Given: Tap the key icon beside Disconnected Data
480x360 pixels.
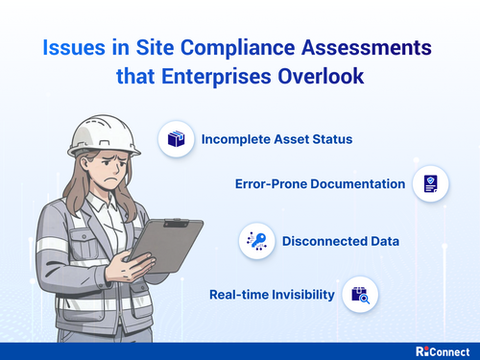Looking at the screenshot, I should [257, 240].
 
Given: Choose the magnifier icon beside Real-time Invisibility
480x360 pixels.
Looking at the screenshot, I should [364, 295].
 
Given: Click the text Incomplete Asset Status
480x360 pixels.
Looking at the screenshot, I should [276, 139].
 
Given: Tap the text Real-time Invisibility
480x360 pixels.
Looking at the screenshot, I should [273, 295].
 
